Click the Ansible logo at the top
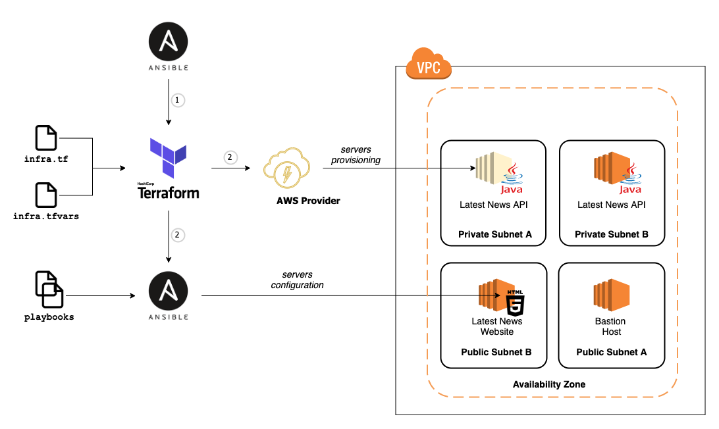[169, 43]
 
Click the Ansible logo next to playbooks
[169, 291]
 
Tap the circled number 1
[177, 101]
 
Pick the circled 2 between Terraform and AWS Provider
[230, 157]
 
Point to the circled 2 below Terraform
[177, 234]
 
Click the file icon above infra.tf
[45, 138]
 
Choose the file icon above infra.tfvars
[45, 195]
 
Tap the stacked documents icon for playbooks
[49, 290]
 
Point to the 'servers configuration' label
[297, 280]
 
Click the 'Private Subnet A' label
[494, 234]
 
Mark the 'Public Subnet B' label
[496, 352]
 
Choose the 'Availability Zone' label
[548, 384]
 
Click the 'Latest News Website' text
[496, 326]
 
